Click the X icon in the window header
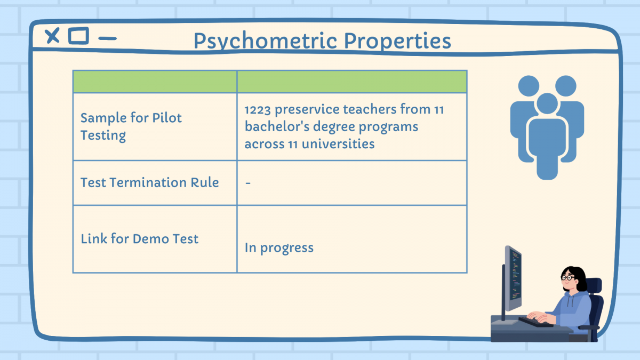pyautogui.click(x=52, y=36)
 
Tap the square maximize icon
pyautogui.click(x=78, y=36)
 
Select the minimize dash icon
pyautogui.click(x=107, y=38)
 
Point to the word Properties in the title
pyautogui.click(x=397, y=41)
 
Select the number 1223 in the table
pyautogui.click(x=258, y=110)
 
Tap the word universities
pyautogui.click(x=338, y=143)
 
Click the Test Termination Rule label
pyautogui.click(x=150, y=182)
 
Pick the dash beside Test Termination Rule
pyautogui.click(x=248, y=183)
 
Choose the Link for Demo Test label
pyautogui.click(x=139, y=239)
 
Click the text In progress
pyautogui.click(x=279, y=247)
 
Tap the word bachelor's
pyautogui.click(x=277, y=126)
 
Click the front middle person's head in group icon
pyautogui.click(x=547, y=103)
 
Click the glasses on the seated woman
pyautogui.click(x=567, y=277)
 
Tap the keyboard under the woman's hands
pyautogui.click(x=535, y=322)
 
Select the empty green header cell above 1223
pyautogui.click(x=352, y=82)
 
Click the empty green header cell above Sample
pyautogui.click(x=155, y=82)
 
